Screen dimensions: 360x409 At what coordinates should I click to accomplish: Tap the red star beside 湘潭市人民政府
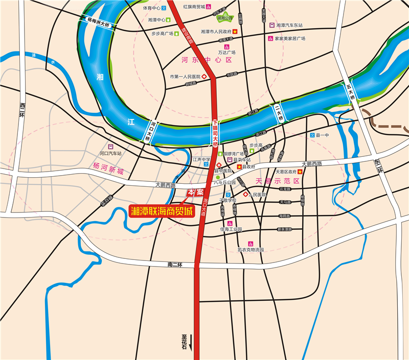tap(235, 32)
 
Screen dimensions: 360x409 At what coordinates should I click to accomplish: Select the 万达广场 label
tap(226, 52)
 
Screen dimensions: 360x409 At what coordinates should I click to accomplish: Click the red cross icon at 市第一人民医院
tap(204, 77)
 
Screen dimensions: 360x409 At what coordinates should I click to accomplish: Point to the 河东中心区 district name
tap(207, 60)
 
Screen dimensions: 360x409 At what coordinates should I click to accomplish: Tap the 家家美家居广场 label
tap(290, 38)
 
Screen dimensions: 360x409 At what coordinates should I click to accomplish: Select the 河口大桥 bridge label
tap(147, 130)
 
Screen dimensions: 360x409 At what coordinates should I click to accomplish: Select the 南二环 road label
tap(175, 264)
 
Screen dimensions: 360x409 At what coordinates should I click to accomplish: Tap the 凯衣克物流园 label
tap(251, 250)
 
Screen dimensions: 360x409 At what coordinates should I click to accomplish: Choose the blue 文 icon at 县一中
tap(312, 135)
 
